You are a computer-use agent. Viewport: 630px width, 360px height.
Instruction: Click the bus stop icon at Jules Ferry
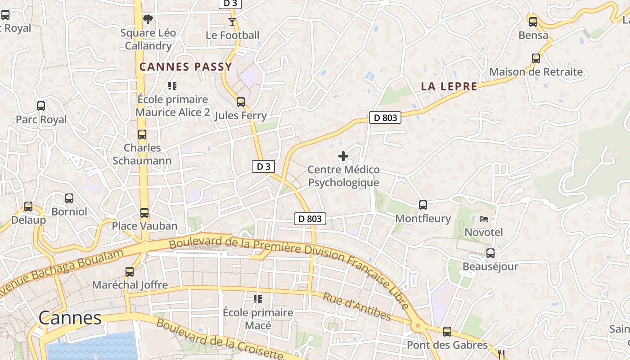pyautogui.click(x=241, y=102)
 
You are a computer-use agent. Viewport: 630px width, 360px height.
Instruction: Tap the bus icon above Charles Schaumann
pyautogui.click(x=142, y=135)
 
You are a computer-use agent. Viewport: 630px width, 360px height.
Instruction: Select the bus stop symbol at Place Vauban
pyautogui.click(x=144, y=213)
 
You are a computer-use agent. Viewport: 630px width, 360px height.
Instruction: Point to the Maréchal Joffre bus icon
pyautogui.click(x=130, y=272)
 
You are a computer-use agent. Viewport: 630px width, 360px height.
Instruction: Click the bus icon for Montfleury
pyautogui.click(x=423, y=205)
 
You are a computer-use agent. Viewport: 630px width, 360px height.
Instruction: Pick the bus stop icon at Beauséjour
pyautogui.click(x=490, y=253)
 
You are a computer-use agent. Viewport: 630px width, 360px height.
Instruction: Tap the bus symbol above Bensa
pyautogui.click(x=533, y=22)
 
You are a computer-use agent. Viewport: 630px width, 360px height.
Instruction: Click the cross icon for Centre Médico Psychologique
pyautogui.click(x=343, y=157)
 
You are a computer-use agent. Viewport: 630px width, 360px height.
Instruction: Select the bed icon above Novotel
pyautogui.click(x=484, y=219)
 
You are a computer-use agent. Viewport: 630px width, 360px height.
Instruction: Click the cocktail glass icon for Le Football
pyautogui.click(x=232, y=22)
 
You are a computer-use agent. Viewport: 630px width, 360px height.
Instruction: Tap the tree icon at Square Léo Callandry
pyautogui.click(x=148, y=19)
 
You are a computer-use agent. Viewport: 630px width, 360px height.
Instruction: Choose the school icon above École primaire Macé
pyautogui.click(x=258, y=299)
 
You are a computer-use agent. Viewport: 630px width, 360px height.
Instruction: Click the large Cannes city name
pyautogui.click(x=70, y=318)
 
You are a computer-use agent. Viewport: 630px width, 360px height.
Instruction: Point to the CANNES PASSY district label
pyautogui.click(x=185, y=67)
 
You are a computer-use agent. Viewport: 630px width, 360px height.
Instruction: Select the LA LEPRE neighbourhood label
pyautogui.click(x=449, y=86)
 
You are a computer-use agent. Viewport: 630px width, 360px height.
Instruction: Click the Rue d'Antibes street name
pyautogui.click(x=357, y=306)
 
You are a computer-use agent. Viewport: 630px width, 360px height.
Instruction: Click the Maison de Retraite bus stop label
pyautogui.click(x=535, y=72)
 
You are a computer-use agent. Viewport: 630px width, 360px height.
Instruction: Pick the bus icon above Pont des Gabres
pyautogui.click(x=447, y=332)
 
